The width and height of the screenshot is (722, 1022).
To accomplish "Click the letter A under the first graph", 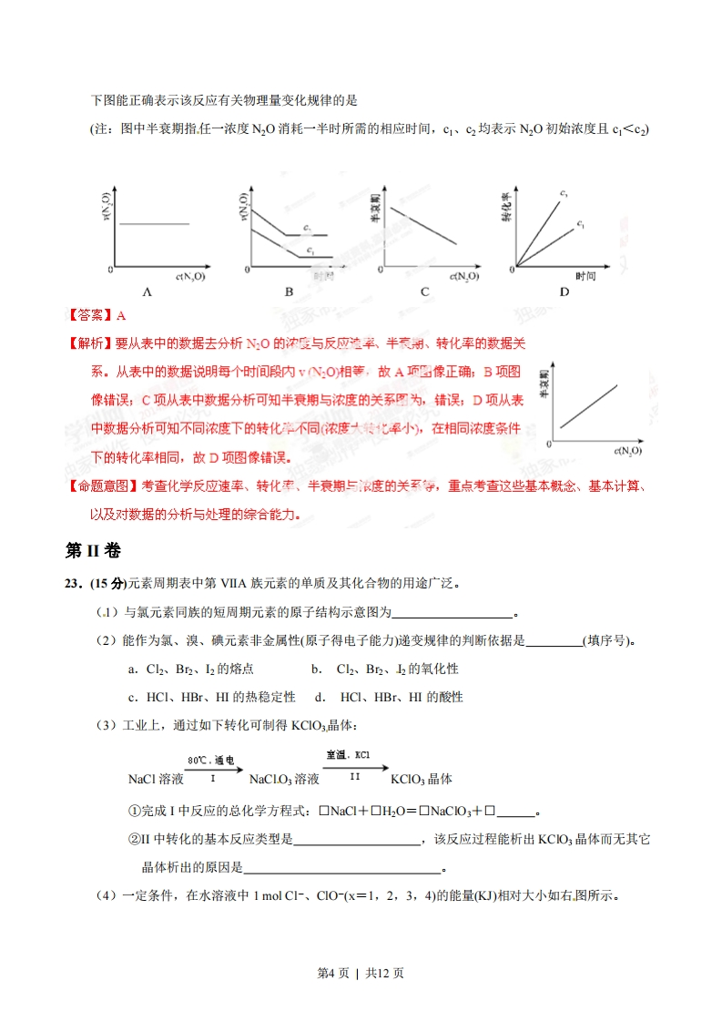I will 146,292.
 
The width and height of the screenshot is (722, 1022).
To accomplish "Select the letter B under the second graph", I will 289,292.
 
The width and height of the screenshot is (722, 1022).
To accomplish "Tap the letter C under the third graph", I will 424,292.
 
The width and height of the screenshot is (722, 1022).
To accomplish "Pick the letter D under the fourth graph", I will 564,292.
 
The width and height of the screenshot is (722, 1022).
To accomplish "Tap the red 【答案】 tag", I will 91,316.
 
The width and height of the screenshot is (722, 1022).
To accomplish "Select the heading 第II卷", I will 93,551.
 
